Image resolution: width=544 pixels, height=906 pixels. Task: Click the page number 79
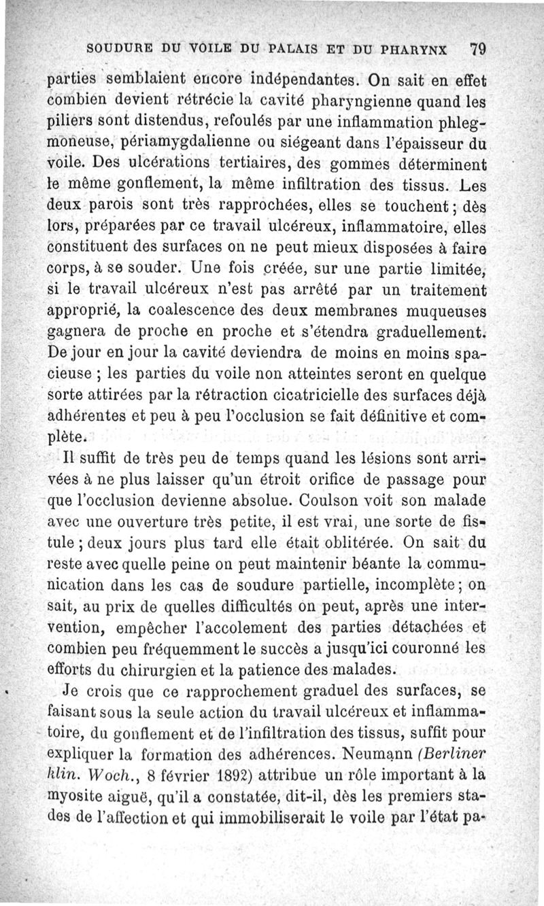476,49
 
